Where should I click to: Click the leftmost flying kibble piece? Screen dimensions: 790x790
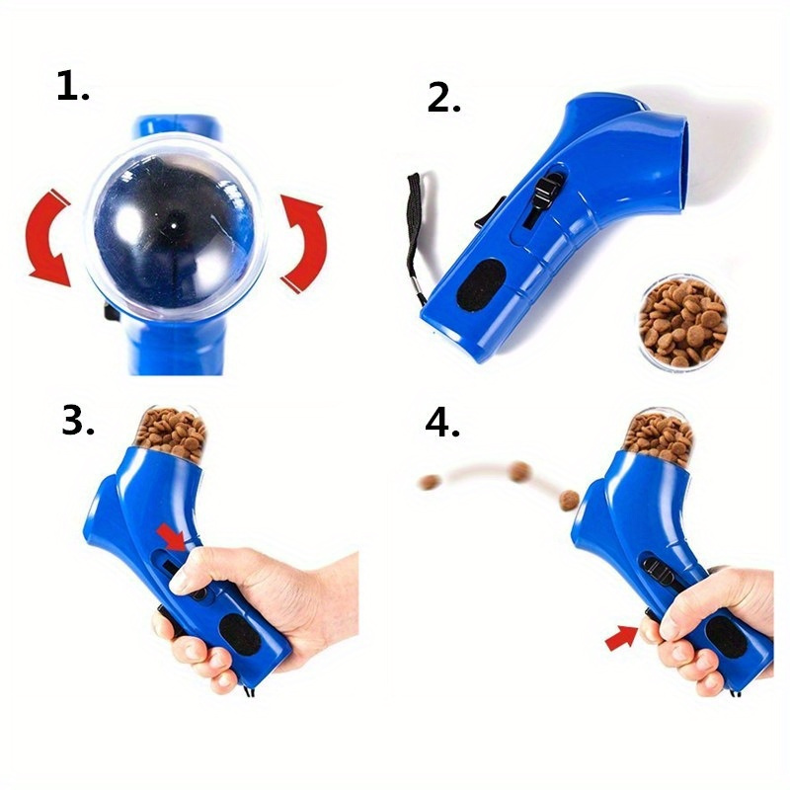pos(429,483)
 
